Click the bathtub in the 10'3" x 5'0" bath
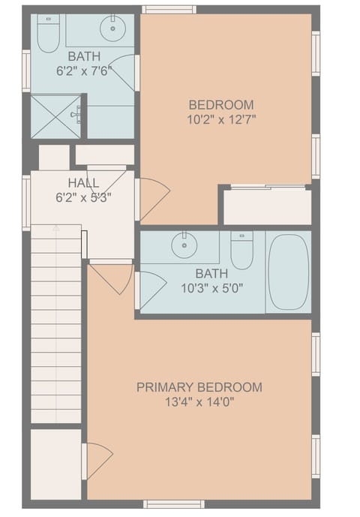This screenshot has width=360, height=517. coord(289,272)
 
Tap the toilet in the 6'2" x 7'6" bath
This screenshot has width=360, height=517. coord(49,34)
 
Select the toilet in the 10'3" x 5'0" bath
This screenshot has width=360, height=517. coord(241,251)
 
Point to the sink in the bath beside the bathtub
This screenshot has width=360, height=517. coord(182,245)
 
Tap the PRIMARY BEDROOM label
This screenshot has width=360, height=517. coord(199,387)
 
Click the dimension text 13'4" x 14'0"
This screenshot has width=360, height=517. coord(199,401)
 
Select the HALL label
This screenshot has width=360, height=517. coord(83,183)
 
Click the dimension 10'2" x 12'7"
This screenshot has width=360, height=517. coord(221,119)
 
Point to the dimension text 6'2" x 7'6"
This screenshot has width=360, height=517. coord(83,71)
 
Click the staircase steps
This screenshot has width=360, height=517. coord(56,323)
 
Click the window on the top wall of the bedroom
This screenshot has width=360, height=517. coord(169,9)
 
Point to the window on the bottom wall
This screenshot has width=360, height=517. coord(173,504)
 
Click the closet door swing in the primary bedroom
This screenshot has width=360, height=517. coord(97,460)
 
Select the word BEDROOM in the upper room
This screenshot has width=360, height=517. coord(221,105)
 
